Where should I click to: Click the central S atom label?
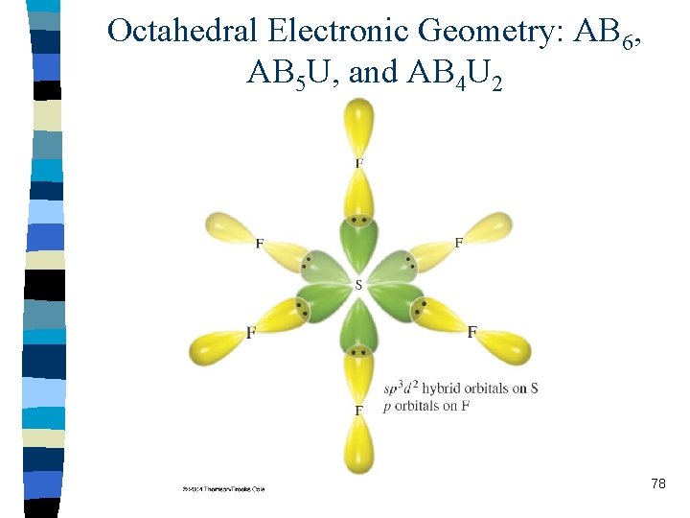[358, 285]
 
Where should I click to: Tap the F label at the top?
[359, 164]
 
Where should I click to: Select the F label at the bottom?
[359, 411]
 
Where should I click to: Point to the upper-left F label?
[259, 244]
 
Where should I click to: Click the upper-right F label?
[458, 244]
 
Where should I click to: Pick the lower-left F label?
[251, 333]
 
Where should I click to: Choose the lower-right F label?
[472, 332]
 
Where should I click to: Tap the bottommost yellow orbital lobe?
[359, 446]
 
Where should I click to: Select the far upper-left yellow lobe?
[228, 227]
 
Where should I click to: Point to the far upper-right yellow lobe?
[490, 227]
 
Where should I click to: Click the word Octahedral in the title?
[183, 31]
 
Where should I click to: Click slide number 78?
[657, 484]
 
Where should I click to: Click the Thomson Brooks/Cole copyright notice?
[223, 488]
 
